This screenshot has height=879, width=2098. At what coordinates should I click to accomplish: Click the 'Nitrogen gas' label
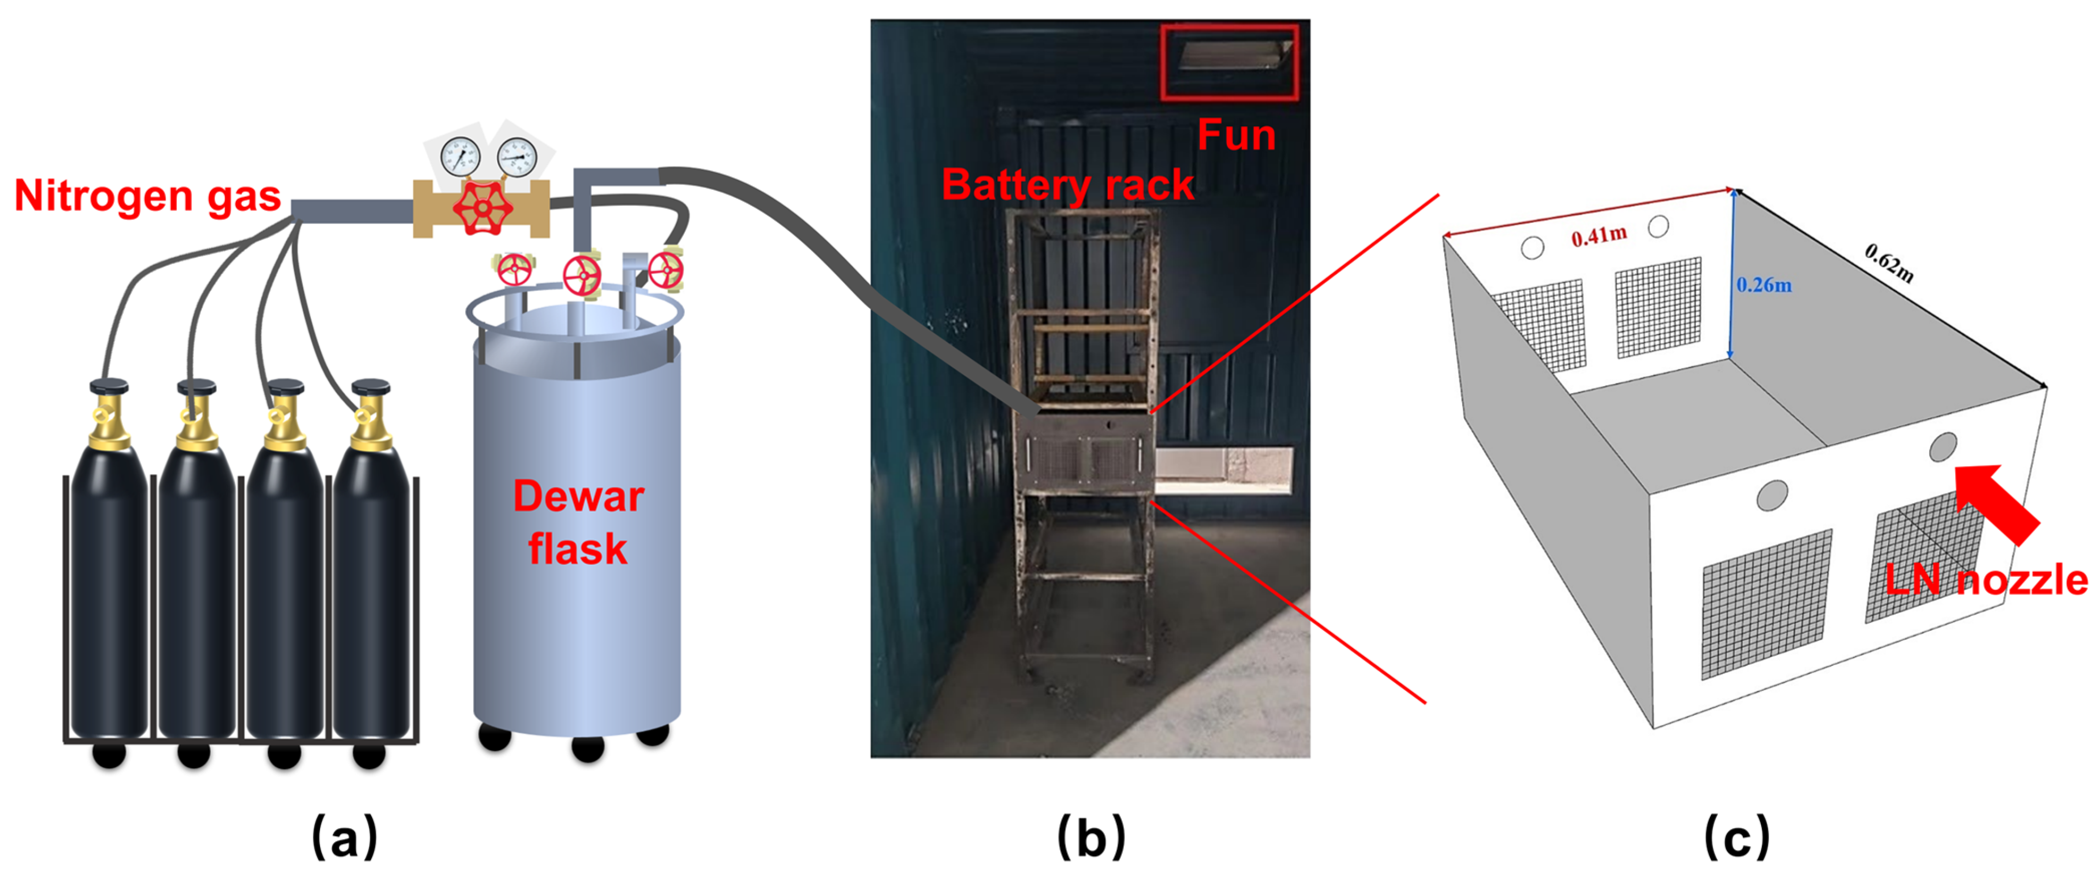(x=147, y=197)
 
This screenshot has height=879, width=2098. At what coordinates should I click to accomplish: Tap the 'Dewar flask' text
(x=578, y=522)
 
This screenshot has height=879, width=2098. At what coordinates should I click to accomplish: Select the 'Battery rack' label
(x=1067, y=185)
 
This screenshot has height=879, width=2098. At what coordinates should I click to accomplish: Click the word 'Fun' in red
(x=1235, y=135)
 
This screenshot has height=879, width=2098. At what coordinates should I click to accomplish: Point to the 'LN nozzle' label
(x=1986, y=580)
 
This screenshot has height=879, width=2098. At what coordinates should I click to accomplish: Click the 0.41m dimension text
(x=1599, y=236)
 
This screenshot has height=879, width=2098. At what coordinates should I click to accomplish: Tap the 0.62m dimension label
(x=1889, y=262)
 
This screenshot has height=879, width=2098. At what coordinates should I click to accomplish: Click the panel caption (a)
(x=345, y=836)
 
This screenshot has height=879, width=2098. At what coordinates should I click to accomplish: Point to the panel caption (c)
(x=1736, y=836)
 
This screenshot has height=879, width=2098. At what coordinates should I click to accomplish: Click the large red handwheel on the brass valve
(x=482, y=208)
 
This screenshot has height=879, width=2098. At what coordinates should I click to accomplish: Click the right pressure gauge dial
(x=517, y=157)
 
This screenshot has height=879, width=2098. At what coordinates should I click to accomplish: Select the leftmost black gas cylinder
(x=109, y=570)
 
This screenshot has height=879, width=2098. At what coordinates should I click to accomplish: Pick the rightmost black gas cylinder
(x=371, y=570)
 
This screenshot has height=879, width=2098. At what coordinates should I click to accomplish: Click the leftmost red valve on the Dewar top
(x=514, y=269)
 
